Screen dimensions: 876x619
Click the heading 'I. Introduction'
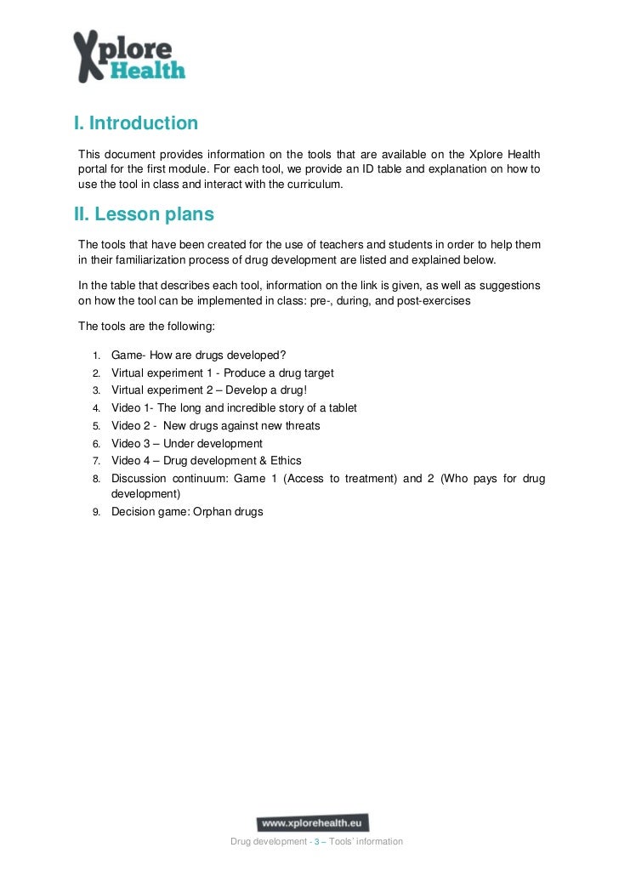[136, 123]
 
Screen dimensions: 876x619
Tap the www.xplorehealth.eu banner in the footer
[313, 823]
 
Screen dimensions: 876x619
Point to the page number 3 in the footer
[317, 842]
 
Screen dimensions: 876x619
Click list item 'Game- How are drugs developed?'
[199, 355]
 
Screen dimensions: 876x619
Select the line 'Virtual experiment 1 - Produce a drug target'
[223, 373]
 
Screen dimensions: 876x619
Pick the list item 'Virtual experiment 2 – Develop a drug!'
[215, 390]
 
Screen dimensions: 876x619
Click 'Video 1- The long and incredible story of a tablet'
[234, 408]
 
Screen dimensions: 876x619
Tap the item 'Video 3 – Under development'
[187, 444]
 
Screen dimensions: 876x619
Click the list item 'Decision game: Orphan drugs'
[187, 512]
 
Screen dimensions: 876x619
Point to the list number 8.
[96, 479]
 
